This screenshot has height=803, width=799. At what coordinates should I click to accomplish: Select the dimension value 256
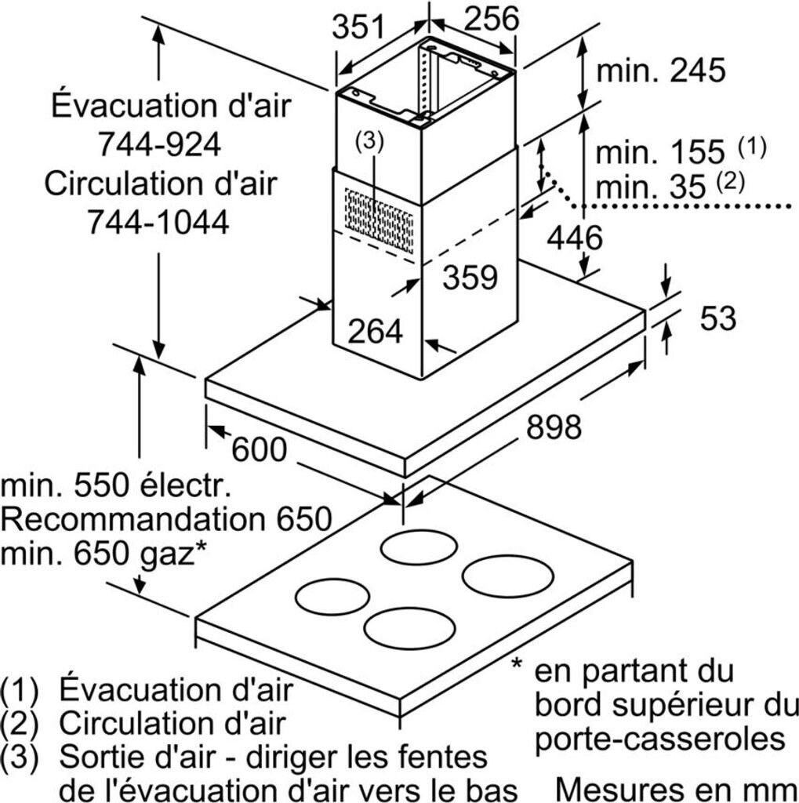tap(492, 18)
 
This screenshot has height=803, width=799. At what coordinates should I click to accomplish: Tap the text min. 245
tap(661, 70)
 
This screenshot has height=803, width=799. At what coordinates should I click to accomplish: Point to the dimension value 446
tap(575, 238)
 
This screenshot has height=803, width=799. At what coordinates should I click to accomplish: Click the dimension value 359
tap(470, 277)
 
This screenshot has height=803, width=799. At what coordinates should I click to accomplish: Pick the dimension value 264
tap(376, 331)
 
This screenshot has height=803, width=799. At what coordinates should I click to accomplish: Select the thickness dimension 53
tap(718, 318)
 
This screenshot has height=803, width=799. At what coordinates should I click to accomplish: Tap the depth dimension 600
tap(260, 449)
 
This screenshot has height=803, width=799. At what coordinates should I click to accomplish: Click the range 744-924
tap(159, 144)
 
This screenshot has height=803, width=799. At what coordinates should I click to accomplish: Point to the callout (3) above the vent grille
tap(369, 141)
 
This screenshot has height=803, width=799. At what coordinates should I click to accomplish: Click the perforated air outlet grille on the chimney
tap(379, 220)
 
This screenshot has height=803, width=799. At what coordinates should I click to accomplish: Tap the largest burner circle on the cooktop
tap(507, 576)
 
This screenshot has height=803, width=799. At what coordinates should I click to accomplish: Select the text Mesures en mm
tap(677, 789)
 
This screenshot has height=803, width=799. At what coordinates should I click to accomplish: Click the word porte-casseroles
tap(659, 739)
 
